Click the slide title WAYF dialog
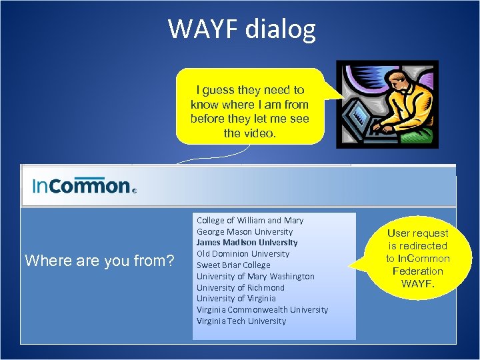tap(241, 29)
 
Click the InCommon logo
tap(82, 185)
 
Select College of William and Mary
tap(249, 220)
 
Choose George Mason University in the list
tap(244, 231)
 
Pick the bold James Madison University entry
tap(247, 243)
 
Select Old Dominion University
tap(243, 254)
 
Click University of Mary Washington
tap(255, 276)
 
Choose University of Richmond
tap(240, 287)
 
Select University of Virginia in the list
tap(235, 299)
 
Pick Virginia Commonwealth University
tap(262, 310)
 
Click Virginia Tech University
tap(241, 321)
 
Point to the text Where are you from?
tap(99, 261)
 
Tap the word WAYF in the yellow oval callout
tap(418, 283)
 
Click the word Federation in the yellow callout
tap(418, 271)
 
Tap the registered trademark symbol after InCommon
tap(134, 190)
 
